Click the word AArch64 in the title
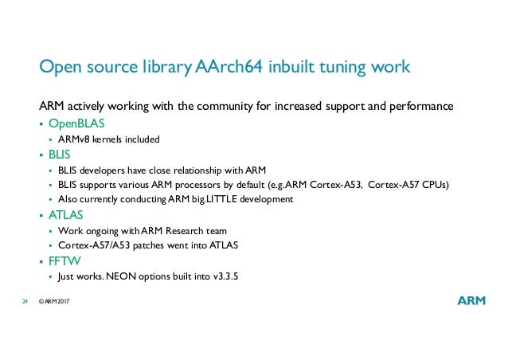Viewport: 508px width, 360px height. [x=225, y=68]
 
